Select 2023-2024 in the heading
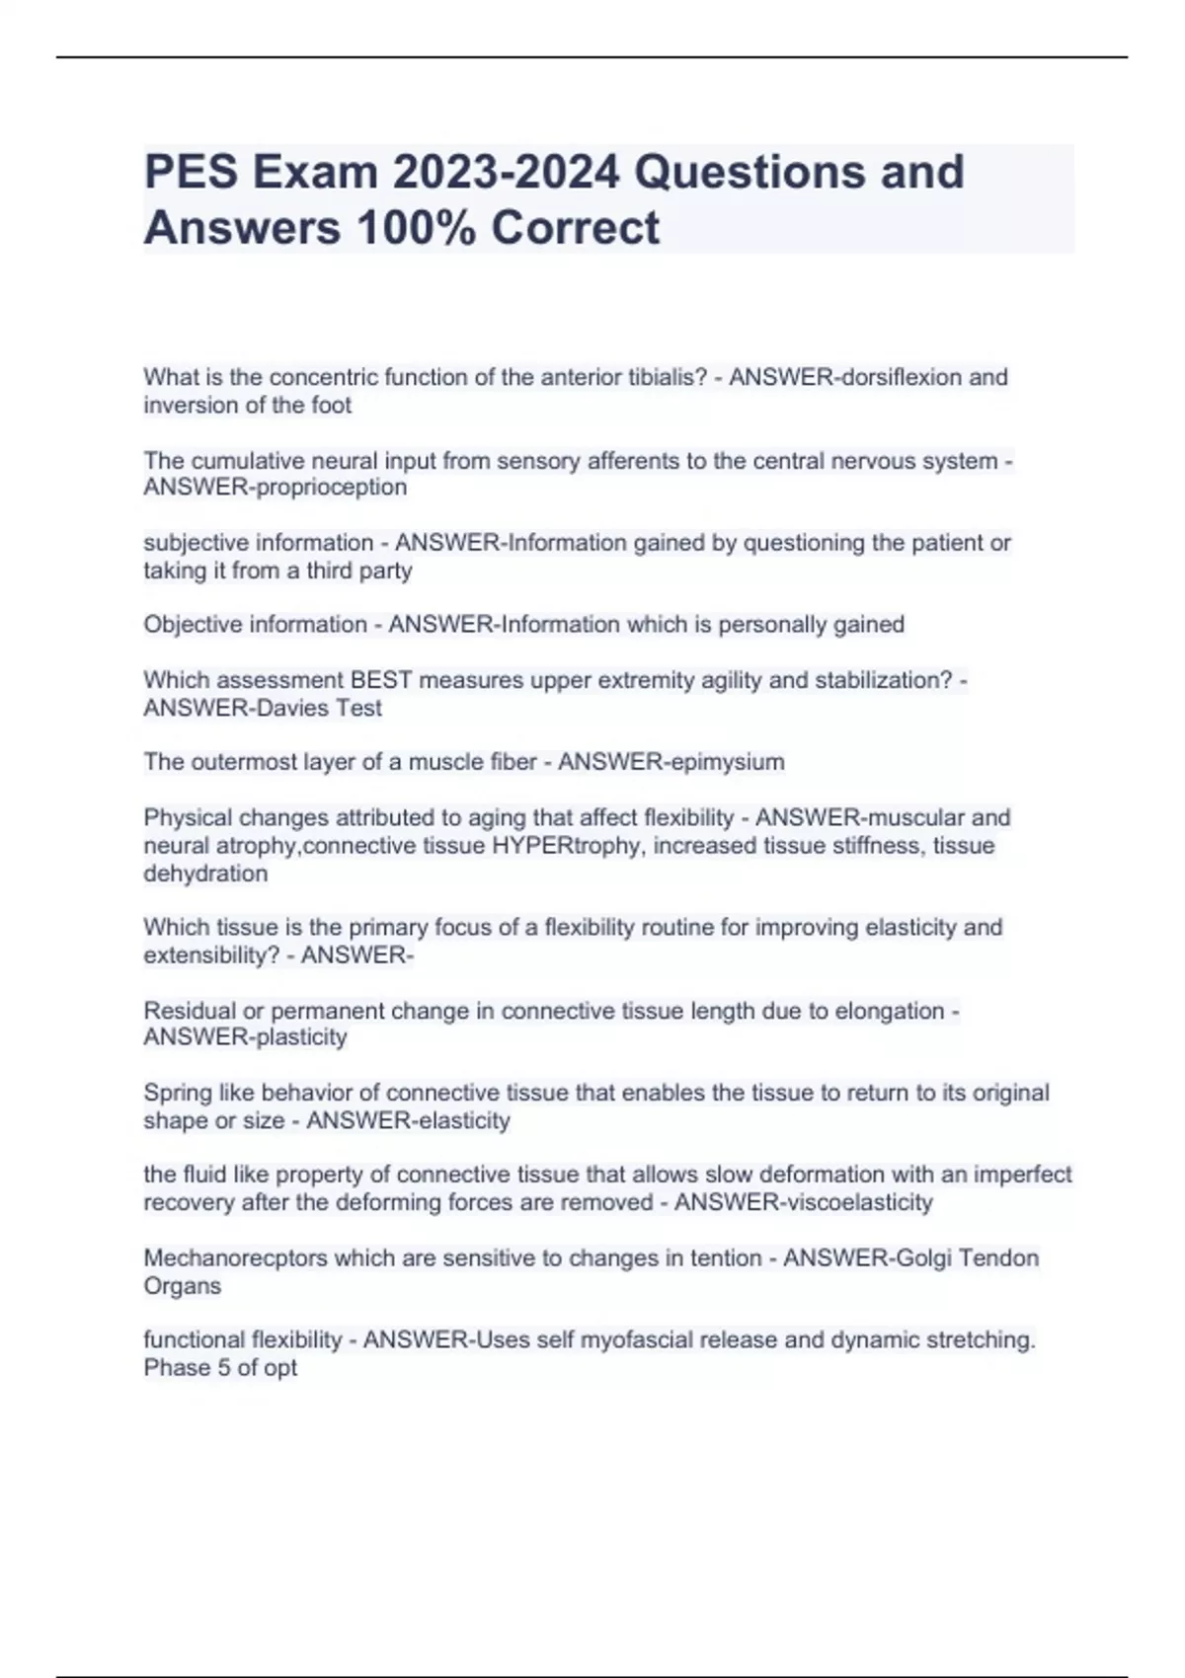tap(507, 172)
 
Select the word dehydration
tap(205, 873)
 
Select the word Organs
tap(182, 1285)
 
